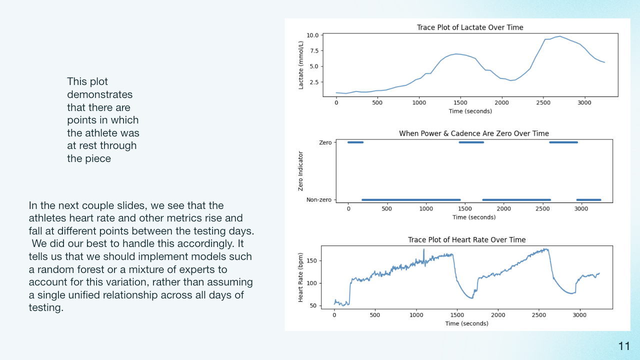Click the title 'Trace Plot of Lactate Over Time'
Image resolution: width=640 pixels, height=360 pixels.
pos(470,27)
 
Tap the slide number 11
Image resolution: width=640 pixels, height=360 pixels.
pos(624,346)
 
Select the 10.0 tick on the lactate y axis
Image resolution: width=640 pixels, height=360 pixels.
pos(312,35)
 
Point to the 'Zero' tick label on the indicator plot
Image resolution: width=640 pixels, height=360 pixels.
pos(325,142)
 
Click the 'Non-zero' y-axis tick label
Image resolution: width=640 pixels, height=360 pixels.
pos(319,199)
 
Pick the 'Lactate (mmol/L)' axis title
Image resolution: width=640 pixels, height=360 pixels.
pos(301,65)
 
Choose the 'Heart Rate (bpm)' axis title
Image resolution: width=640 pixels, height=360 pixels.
pos(300,277)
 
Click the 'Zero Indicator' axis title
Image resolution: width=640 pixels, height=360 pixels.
pos(300,171)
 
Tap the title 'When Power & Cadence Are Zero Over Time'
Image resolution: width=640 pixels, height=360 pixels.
pos(474,133)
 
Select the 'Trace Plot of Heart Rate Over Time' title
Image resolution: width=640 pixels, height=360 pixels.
pos(466,239)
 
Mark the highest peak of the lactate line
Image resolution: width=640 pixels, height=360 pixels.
pos(559,36)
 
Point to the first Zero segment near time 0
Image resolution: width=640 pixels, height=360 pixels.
pos(355,142)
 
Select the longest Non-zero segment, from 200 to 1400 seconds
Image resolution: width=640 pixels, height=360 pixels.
pos(411,199)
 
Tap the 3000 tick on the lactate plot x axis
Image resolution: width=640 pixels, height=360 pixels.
pos(584,102)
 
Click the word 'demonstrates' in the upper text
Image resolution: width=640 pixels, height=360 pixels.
pos(99,94)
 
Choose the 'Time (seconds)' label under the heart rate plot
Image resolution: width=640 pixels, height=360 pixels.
pos(466,323)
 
